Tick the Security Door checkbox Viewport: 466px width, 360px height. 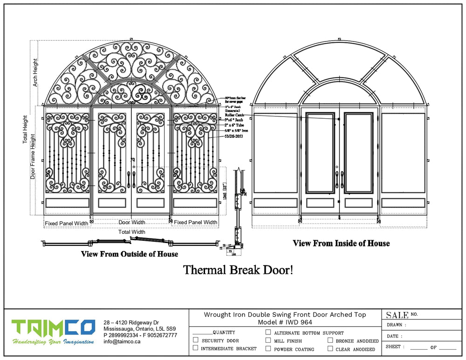click(196, 340)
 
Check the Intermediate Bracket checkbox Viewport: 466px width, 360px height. click(196, 348)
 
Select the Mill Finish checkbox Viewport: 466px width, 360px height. click(268, 340)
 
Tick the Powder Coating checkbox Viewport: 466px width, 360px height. click(268, 348)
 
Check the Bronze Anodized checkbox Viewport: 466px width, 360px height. click(330, 340)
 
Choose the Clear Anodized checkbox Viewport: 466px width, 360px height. click(330, 348)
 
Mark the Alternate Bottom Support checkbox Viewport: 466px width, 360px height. click(268, 333)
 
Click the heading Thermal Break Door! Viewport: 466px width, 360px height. click(238, 270)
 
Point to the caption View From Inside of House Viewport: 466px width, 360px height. click(341, 243)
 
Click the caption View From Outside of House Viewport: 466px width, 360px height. click(130, 254)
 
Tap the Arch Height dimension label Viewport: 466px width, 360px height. click(35, 72)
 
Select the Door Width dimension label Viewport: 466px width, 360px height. click(131, 223)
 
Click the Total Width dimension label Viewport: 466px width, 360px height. click(131, 231)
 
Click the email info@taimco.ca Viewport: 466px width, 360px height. click(122, 341)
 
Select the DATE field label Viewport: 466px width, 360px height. click(393, 336)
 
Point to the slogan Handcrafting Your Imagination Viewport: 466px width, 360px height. click(53, 342)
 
